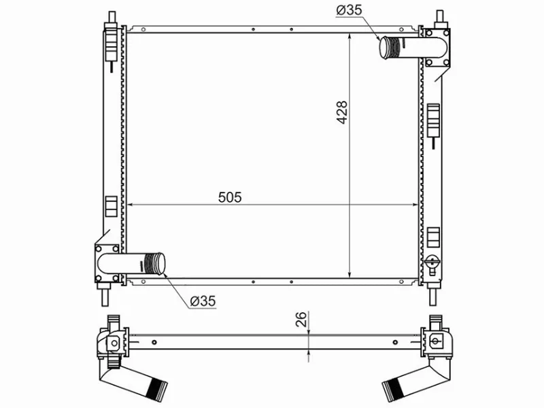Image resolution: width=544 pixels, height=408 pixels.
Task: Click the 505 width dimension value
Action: pyautogui.click(x=230, y=197)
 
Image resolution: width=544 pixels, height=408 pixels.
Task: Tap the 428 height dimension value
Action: pyautogui.click(x=342, y=112)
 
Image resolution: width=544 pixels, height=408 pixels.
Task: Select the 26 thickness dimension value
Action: pyautogui.click(x=301, y=319)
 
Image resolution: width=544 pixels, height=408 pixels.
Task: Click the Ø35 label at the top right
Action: pyautogui.click(x=349, y=10)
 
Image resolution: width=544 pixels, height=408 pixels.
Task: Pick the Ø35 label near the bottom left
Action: pyautogui.click(x=203, y=301)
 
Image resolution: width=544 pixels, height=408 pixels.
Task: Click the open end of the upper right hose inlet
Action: pyautogui.click(x=384, y=48)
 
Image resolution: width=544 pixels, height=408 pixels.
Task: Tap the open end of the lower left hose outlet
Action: pyautogui.click(x=160, y=264)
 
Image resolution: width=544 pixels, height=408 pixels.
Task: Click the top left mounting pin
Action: pyautogui.click(x=112, y=18)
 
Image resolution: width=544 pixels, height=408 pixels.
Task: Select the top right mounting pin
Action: pyautogui.click(x=439, y=18)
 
